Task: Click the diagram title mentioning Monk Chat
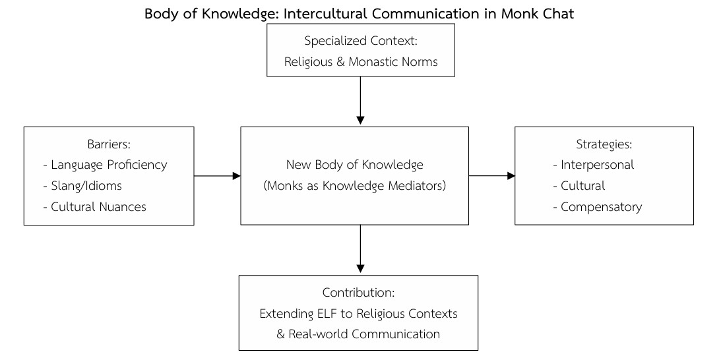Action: (360, 13)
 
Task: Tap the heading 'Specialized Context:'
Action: (361, 41)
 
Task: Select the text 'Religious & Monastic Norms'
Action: (361, 62)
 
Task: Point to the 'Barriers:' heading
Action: (109, 144)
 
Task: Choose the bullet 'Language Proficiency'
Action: (109, 165)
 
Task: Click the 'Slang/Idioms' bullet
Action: (86, 186)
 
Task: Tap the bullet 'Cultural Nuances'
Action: (98, 207)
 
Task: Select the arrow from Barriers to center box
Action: (217, 176)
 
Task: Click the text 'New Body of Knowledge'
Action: (354, 165)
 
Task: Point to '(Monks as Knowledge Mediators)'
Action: (354, 186)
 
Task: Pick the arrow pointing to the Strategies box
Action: (491, 176)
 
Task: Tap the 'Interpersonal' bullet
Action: (597, 165)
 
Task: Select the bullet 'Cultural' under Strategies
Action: (582, 186)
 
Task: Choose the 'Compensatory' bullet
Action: (601, 207)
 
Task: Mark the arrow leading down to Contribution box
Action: (360, 249)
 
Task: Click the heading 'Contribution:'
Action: (358, 292)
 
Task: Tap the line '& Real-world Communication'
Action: (358, 334)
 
